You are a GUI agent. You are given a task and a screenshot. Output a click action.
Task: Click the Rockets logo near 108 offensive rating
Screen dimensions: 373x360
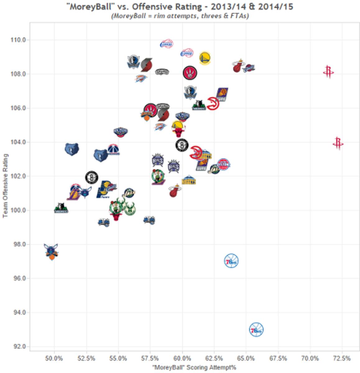328,72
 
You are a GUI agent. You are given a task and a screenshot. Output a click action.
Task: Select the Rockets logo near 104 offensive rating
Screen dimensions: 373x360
338,143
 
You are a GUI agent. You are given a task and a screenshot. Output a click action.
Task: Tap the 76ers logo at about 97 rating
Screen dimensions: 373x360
231,261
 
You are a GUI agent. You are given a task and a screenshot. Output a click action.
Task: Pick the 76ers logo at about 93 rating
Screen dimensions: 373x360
256,330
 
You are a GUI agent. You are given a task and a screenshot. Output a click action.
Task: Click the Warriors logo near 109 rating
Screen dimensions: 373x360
205,58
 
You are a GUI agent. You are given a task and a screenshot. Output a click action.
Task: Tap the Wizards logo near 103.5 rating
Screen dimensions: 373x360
113,150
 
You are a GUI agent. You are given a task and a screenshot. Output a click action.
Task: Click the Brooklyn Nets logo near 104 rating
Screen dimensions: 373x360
182,145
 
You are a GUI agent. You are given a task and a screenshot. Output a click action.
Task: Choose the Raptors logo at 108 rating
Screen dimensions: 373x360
190,73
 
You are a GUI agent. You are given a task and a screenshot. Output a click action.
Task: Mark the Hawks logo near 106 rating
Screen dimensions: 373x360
213,104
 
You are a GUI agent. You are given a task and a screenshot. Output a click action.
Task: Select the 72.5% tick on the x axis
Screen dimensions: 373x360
342,358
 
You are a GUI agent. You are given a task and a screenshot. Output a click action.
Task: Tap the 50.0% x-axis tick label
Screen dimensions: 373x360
54,358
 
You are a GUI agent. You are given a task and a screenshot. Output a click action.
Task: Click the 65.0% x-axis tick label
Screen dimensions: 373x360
246,358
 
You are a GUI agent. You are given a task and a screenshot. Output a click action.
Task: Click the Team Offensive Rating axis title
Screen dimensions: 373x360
5,186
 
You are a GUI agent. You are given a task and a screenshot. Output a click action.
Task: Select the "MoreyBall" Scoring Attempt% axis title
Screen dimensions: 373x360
194,367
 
